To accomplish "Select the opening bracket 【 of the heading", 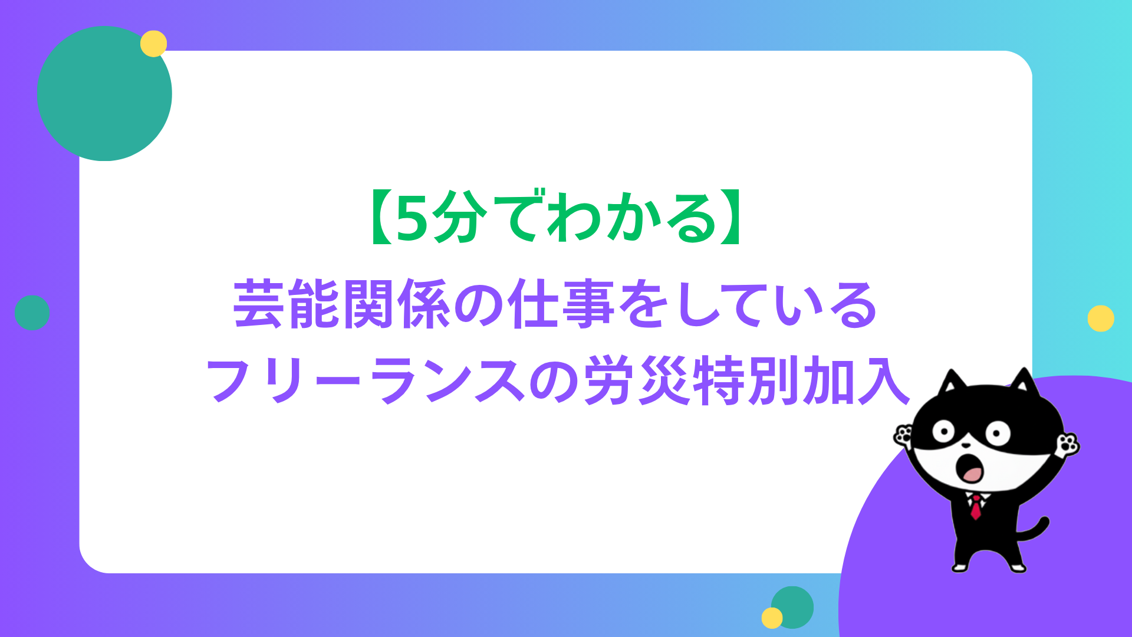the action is [380, 218].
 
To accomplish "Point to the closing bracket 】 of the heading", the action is [731, 218].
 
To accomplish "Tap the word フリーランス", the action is [365, 380].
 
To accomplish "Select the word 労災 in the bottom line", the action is [637, 380].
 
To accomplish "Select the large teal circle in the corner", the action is [104, 93].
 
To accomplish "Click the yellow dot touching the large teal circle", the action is [154, 44].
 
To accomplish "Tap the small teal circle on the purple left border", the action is [32, 313].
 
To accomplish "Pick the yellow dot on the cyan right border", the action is [1101, 318].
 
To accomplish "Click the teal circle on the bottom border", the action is [792, 608].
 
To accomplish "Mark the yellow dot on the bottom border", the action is [772, 618].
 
